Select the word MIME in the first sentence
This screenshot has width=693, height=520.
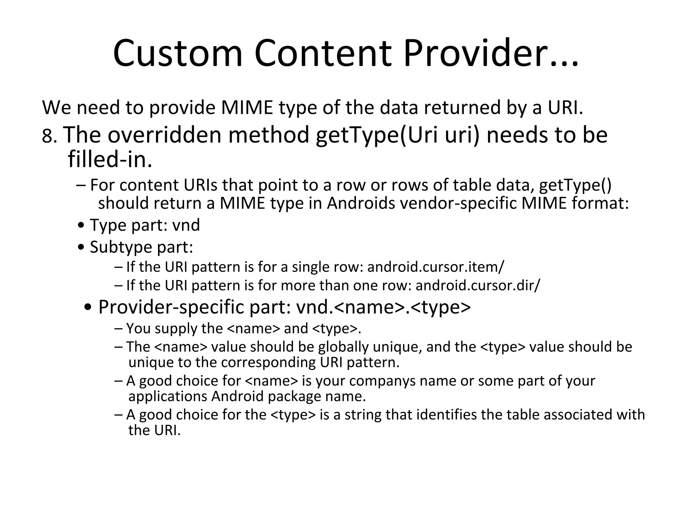coord(247,107)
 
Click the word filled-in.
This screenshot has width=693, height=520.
coord(110,159)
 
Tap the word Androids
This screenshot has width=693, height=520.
coord(361,203)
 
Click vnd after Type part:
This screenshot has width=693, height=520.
coord(186,225)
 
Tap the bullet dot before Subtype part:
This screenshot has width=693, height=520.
coord(81,247)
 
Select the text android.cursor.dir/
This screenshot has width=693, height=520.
coord(478,285)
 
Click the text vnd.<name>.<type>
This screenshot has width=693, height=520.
coord(383,307)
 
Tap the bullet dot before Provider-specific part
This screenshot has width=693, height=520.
coord(89,308)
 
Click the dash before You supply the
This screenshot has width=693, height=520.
coord(118,328)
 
